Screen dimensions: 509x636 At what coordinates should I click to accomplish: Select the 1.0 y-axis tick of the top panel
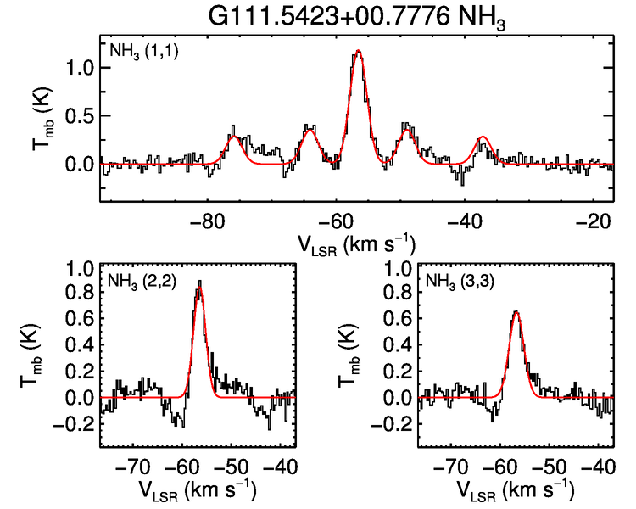coord(76,68)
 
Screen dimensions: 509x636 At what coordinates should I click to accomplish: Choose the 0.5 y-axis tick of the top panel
coord(76,115)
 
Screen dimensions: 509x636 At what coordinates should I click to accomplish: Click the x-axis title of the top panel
coord(357,244)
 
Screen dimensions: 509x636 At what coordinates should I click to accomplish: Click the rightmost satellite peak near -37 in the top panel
coord(483,137)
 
